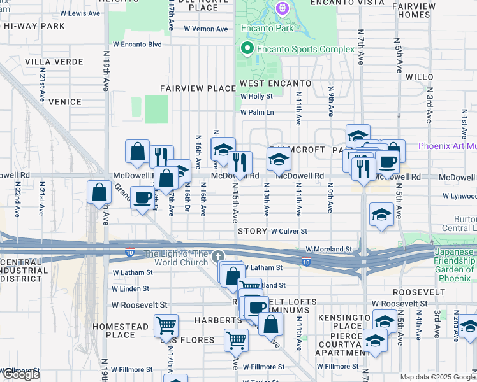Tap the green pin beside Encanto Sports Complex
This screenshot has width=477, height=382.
click(x=246, y=49)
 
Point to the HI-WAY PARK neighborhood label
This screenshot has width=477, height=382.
click(x=33, y=26)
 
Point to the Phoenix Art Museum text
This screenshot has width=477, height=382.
click(x=447, y=146)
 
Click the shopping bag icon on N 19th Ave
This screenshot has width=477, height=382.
click(x=101, y=193)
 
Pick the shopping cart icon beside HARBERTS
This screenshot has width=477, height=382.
click(x=166, y=325)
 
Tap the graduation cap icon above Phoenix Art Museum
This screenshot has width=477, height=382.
click(x=358, y=136)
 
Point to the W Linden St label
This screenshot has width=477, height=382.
click(x=130, y=288)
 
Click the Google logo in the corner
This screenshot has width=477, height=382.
click(x=22, y=374)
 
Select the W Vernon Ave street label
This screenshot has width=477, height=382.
click(x=206, y=29)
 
